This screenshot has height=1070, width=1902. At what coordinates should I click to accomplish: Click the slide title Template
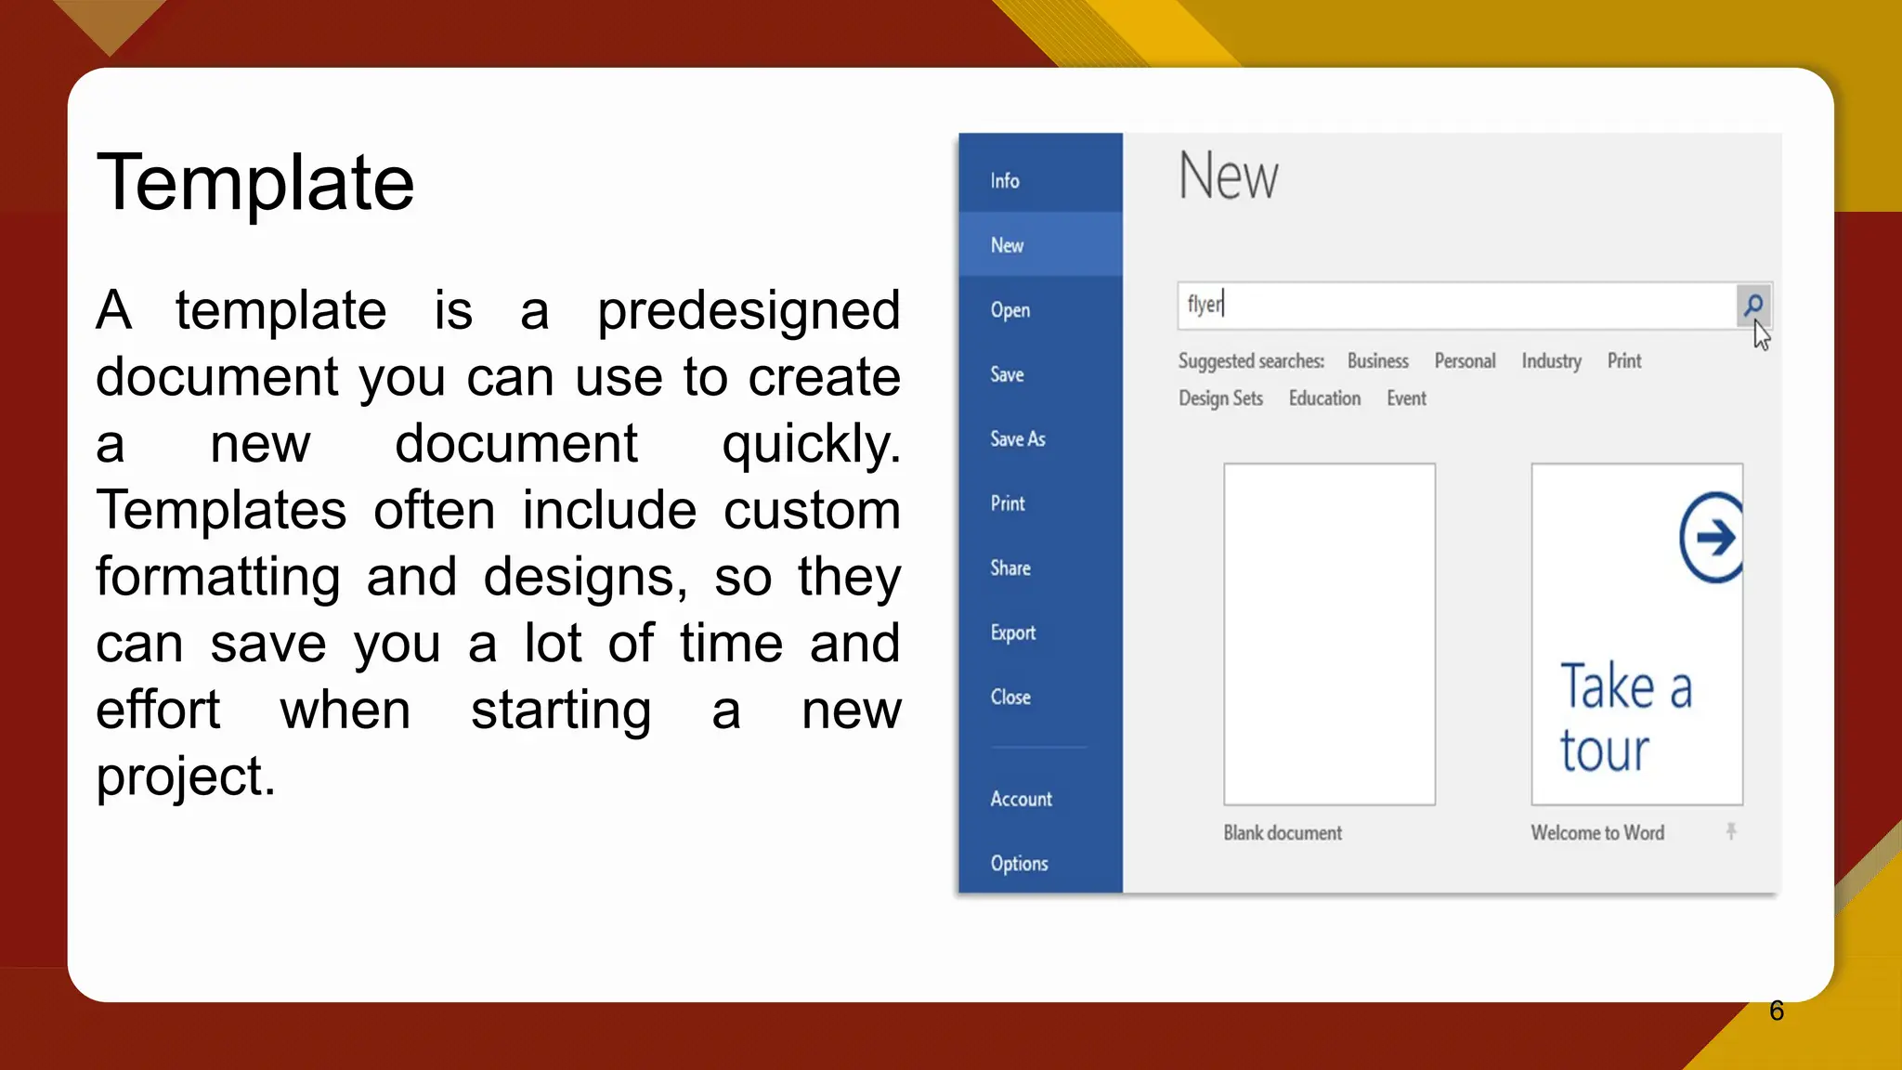255,183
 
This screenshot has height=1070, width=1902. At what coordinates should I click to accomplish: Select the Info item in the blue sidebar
1005,181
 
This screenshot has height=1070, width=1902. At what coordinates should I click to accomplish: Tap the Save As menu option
1018,439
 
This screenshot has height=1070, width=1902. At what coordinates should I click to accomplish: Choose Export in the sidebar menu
1012,633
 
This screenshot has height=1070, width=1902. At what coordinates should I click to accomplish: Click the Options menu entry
1019,864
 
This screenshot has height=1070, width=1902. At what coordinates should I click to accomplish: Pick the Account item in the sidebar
1021,799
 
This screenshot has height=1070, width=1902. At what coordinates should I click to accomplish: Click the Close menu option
1010,698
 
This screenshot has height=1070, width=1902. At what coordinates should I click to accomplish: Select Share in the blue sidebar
1010,568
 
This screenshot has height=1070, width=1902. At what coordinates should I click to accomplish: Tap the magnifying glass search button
1753,306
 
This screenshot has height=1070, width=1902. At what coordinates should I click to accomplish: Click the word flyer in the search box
1205,305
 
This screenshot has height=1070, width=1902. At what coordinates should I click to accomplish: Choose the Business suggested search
1377,361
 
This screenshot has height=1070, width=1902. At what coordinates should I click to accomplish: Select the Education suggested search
1324,398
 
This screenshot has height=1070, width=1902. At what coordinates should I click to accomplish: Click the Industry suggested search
1551,361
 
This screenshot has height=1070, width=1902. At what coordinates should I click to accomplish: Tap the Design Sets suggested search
1220,398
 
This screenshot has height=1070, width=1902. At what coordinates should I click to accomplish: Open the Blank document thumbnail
1329,634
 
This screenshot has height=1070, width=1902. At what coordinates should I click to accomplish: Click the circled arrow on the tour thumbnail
1712,537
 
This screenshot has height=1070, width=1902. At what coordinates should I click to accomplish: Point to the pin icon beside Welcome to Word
1731,831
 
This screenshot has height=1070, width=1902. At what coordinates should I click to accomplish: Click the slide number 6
1777,1011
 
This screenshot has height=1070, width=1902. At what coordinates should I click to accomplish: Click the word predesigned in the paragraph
749,310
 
